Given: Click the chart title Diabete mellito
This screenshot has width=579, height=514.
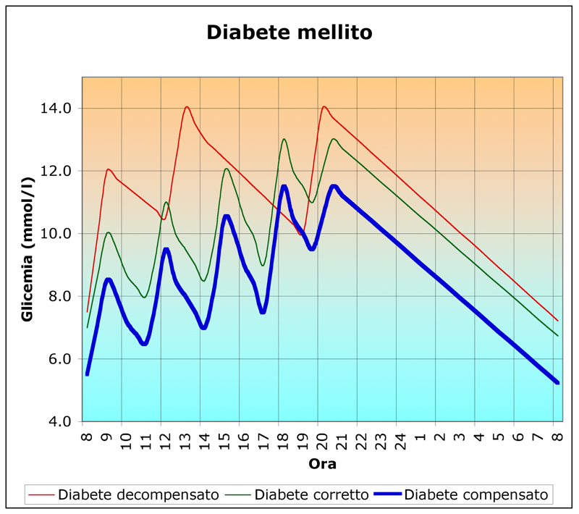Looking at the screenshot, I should tap(289, 33).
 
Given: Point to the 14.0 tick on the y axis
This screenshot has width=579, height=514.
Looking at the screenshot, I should tap(57, 109).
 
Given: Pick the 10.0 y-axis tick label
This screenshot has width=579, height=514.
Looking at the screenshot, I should tap(57, 234).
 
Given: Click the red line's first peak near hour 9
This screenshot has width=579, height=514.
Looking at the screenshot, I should tap(108, 169).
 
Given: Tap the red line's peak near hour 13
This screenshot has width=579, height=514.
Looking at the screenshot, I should tap(187, 107).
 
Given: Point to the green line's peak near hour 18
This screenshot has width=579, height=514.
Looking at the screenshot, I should tap(284, 139).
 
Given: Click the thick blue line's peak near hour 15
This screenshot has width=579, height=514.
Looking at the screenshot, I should tap(227, 216).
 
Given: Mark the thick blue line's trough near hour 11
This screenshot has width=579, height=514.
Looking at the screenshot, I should tap(144, 344).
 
